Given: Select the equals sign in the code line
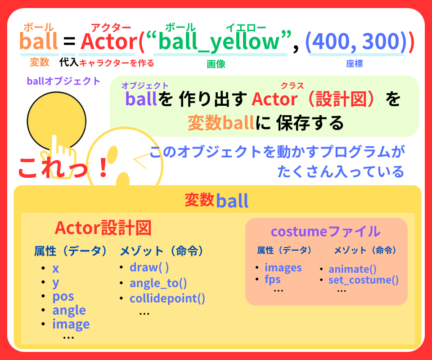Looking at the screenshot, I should click(69, 42).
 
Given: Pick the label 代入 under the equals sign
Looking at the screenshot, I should click(69, 62).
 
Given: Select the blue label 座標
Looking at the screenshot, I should click(354, 64).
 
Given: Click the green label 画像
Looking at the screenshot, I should click(216, 64).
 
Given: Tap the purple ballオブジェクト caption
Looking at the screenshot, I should click(63, 81).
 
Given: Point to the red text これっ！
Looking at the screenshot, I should click(63, 167).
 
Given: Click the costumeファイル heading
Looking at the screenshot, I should click(325, 231).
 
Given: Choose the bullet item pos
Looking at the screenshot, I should click(63, 297).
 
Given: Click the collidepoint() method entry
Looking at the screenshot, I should click(167, 298).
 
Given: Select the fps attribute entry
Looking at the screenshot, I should click(272, 279).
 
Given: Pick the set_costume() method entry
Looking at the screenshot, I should click(364, 280).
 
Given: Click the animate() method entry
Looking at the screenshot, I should click(352, 269).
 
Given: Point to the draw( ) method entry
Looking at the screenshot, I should click(149, 267).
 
